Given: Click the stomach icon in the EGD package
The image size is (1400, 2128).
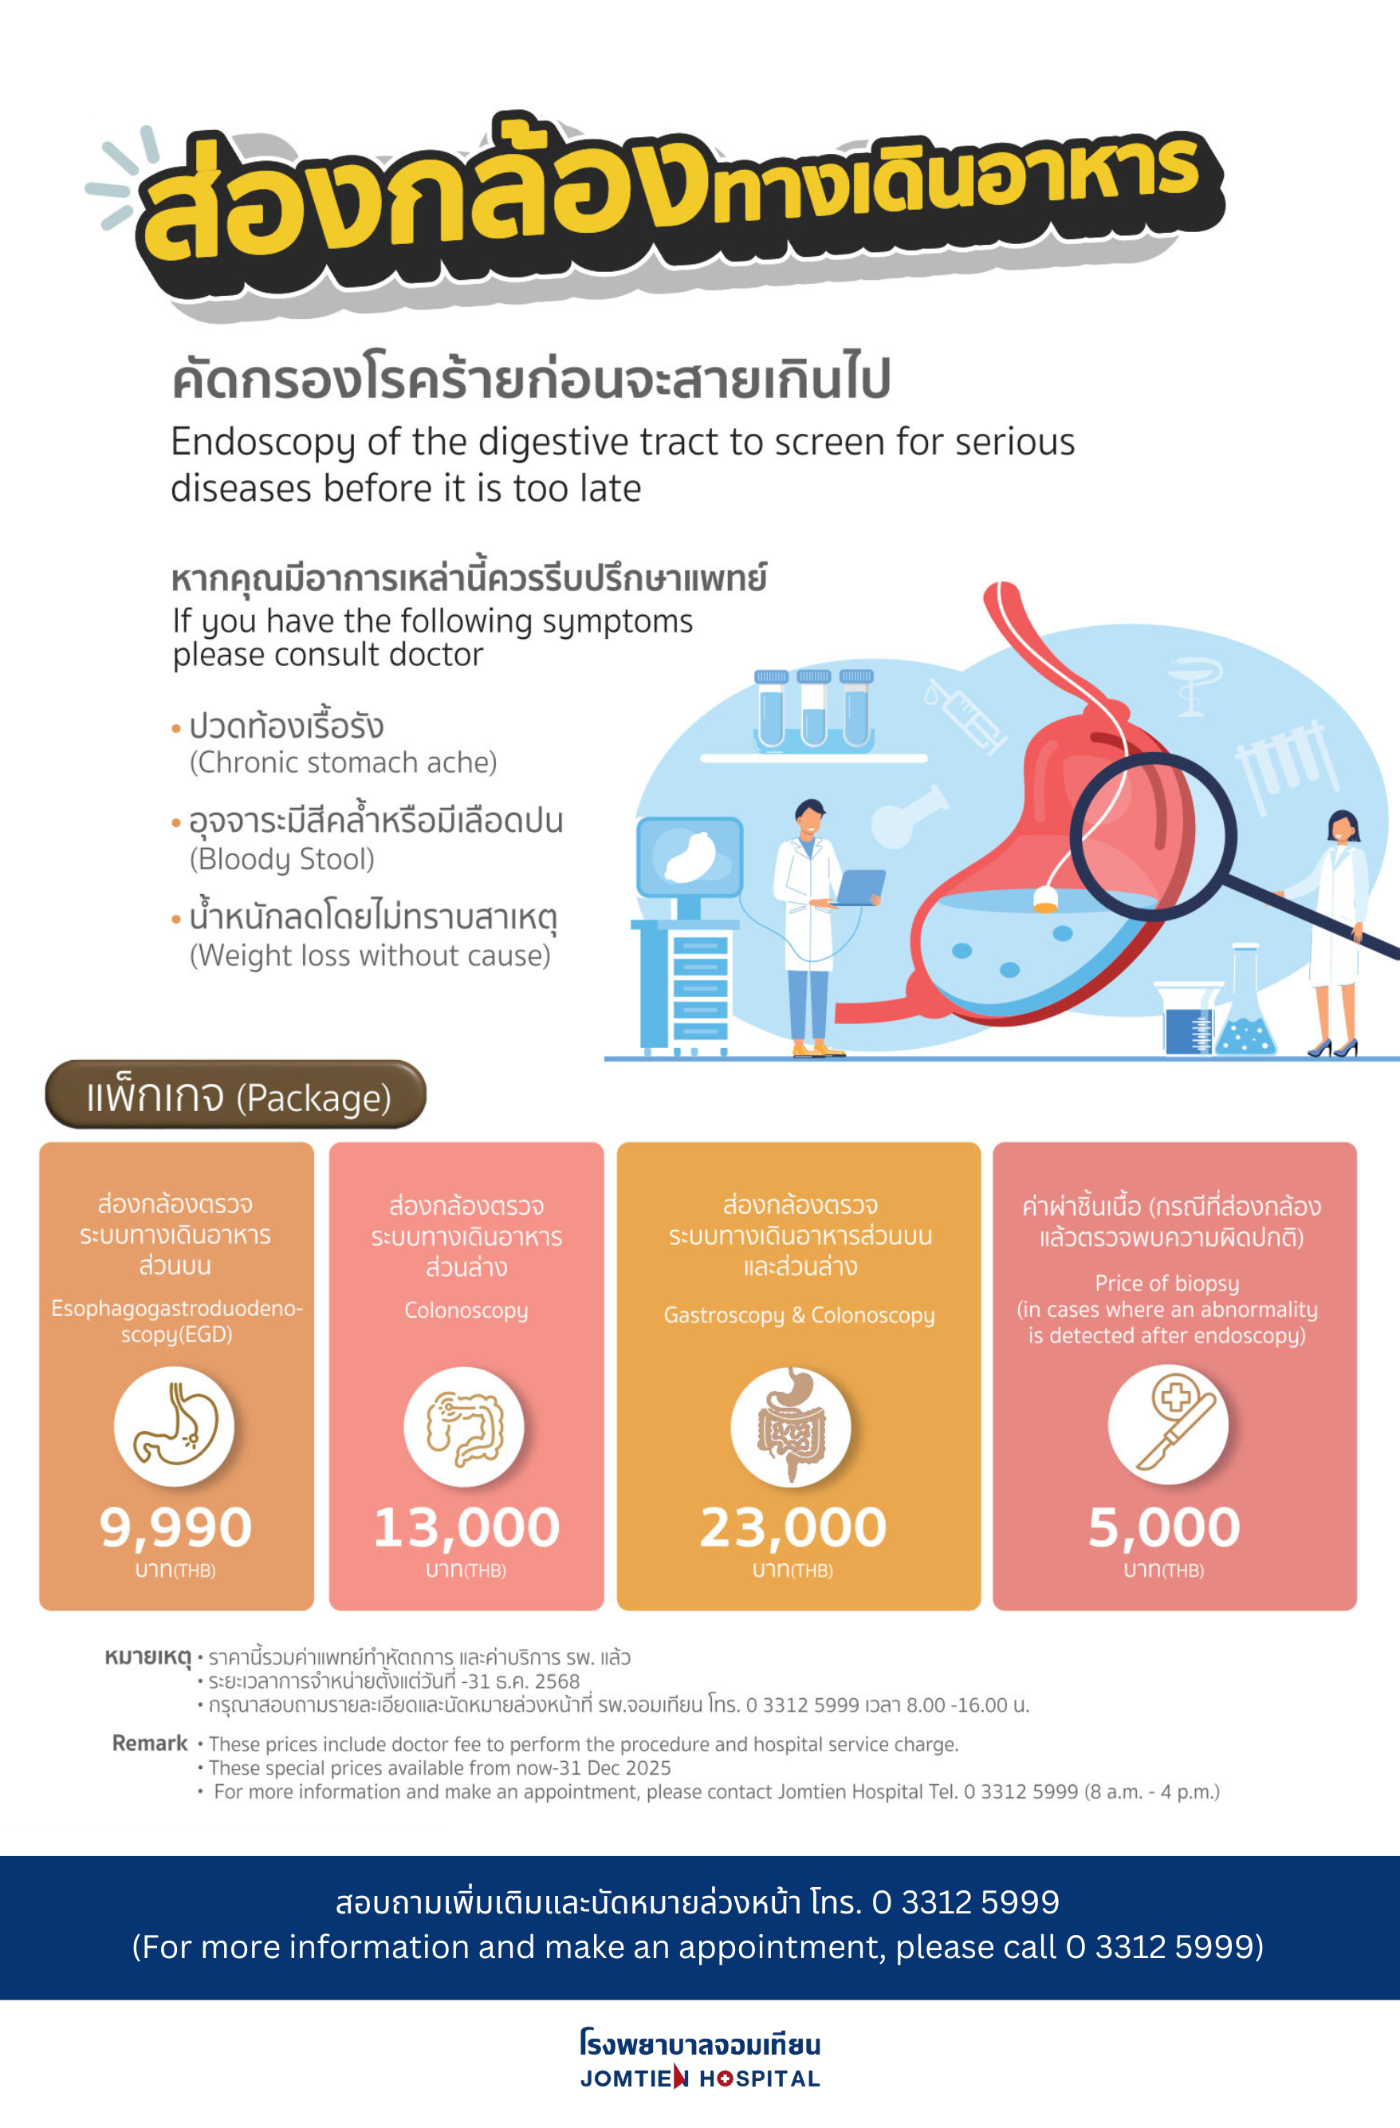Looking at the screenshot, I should coord(175,1427).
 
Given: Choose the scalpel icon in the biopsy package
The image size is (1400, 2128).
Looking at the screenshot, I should coord(1169,1425).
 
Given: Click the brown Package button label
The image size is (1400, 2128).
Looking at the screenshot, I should coord(236,1095).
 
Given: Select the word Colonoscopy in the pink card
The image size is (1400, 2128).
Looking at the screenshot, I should coord(466,1310).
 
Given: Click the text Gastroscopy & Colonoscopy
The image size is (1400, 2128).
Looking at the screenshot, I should coord(799,1315).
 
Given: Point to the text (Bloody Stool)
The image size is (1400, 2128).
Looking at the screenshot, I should coord(281,859).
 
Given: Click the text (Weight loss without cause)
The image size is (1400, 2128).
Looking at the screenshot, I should coord(370,956).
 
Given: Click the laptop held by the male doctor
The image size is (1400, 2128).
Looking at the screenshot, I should coord(860,887).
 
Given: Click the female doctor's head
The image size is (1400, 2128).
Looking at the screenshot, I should coord(1343,826).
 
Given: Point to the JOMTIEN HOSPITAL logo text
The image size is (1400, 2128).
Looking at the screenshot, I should coord(700,2078).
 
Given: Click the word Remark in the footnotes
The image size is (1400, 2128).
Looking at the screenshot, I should coord(149,1743).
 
